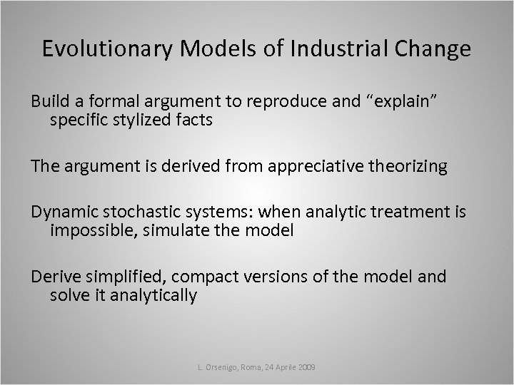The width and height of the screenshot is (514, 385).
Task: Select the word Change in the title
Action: [435, 49]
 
